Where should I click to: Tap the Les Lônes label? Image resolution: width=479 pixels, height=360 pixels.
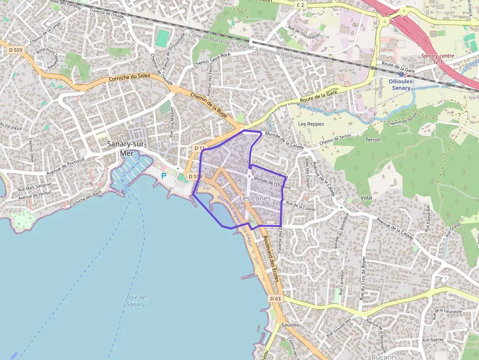[x=255, y=198]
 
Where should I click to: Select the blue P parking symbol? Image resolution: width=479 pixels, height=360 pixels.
[x=164, y=175]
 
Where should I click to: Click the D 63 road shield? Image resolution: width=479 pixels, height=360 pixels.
[x=275, y=298]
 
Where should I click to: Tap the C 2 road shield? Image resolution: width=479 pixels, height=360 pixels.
[x=300, y=5]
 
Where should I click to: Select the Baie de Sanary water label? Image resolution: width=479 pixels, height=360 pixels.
[x=135, y=301]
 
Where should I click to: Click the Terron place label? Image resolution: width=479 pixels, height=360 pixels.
[x=372, y=140]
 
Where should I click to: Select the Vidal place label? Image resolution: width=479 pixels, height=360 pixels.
[x=366, y=198]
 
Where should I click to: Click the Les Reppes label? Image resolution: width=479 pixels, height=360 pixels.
[x=311, y=124]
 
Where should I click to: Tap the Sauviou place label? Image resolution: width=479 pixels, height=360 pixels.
[x=290, y=324]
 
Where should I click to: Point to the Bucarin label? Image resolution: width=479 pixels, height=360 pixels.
[x=383, y=357]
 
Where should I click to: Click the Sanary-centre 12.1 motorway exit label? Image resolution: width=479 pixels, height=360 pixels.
[x=438, y=59]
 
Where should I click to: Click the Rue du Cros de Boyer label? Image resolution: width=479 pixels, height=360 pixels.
[x=363, y=278]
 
